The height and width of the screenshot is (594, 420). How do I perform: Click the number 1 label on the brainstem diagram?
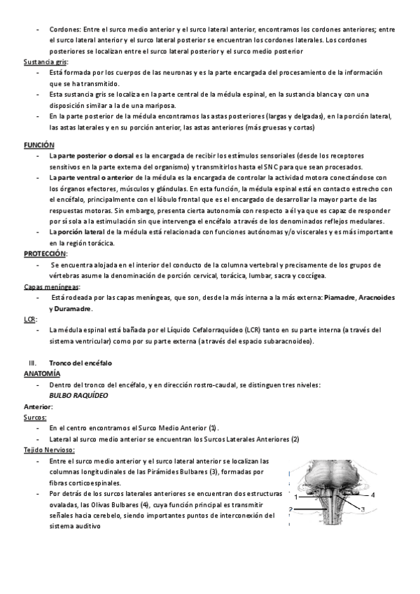296,496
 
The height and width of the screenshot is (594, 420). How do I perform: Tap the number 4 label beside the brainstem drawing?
373,495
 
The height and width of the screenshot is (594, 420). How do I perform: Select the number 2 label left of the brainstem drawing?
290,509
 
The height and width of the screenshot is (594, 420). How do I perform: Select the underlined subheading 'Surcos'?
35,417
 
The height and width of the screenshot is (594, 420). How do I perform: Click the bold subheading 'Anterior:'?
38,406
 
